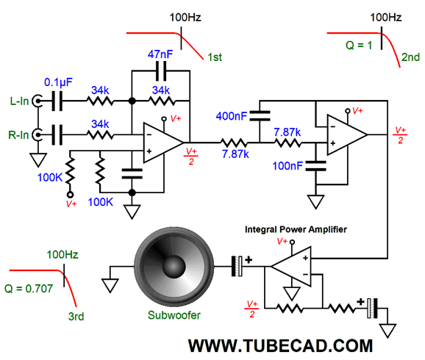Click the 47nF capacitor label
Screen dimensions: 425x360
(x=160, y=54)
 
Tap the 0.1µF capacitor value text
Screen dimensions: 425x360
(x=58, y=82)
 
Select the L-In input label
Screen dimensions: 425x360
(x=19, y=101)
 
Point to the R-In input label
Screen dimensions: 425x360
(x=18, y=135)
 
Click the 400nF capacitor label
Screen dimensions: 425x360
(x=232, y=116)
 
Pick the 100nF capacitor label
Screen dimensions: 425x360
(x=287, y=166)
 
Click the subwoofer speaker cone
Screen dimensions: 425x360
(x=174, y=267)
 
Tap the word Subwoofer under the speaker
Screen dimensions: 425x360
(x=174, y=315)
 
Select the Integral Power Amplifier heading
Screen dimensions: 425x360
(x=296, y=230)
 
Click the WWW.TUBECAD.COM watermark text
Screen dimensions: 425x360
(x=281, y=346)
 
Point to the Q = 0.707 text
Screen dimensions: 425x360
(x=29, y=289)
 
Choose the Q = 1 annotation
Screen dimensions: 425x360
(x=359, y=46)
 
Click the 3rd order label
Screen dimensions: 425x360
(x=76, y=317)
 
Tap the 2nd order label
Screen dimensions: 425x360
(x=410, y=57)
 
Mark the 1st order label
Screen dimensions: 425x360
(x=215, y=57)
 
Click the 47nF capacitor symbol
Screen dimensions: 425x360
(x=161, y=71)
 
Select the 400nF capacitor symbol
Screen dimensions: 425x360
(x=260, y=115)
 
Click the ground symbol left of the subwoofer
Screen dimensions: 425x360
(x=110, y=286)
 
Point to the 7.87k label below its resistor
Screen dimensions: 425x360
(x=235, y=154)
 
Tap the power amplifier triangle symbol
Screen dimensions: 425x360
(x=291, y=267)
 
